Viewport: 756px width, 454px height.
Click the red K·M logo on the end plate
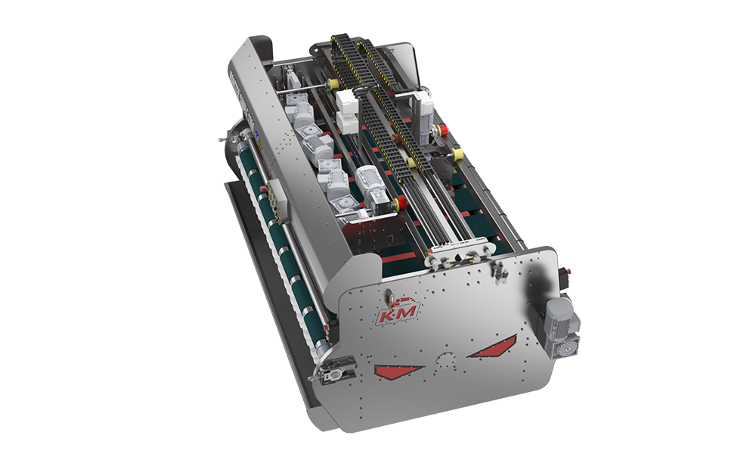(x=398, y=313)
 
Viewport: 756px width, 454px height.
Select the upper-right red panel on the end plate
(x=493, y=347)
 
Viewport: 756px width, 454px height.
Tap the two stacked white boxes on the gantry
(x=348, y=111)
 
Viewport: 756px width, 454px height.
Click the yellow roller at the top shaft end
(x=332, y=85)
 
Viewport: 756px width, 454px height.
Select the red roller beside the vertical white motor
(x=442, y=130)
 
